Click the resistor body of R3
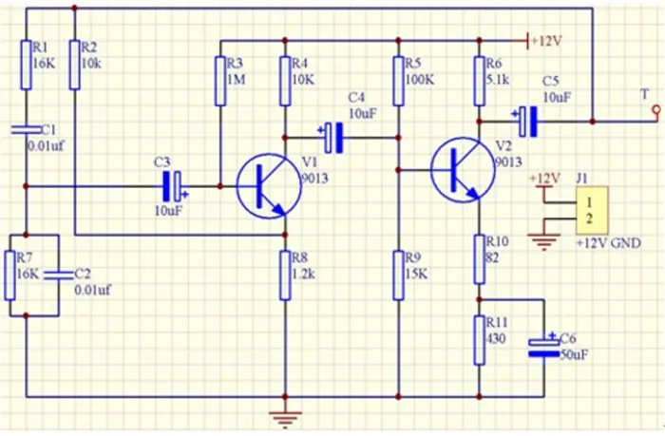[x=220, y=81]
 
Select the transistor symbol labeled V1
[x=269, y=186]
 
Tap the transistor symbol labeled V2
[x=463, y=170]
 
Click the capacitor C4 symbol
[x=332, y=138]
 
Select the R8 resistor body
[x=285, y=275]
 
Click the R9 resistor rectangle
[x=398, y=275]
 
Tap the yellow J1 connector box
[x=592, y=210]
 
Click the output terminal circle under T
[x=657, y=111]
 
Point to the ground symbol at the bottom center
[x=285, y=419]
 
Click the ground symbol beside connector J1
[x=544, y=242]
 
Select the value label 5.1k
[x=498, y=79]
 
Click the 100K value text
[x=420, y=79]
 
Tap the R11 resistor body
[x=479, y=340]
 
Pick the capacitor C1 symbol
[x=27, y=129]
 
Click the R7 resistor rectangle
[x=10, y=275]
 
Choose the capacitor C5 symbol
[x=526, y=122]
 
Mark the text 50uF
[x=574, y=354]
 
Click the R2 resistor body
[x=75, y=65]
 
